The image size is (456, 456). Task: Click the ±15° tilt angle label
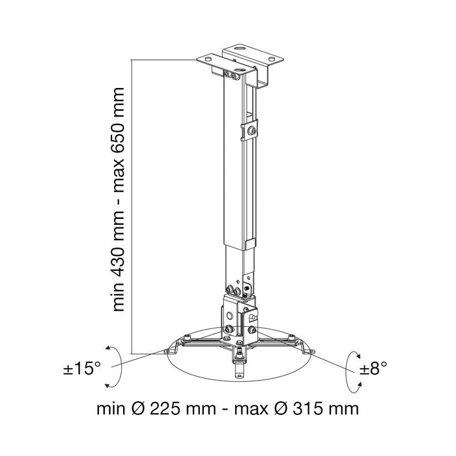tap(82, 368)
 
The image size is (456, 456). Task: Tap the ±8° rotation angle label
tap(373, 368)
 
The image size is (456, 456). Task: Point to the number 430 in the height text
tap(119, 253)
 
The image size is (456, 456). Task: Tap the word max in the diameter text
tap(251, 410)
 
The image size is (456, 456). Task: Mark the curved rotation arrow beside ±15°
tap(119, 367)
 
